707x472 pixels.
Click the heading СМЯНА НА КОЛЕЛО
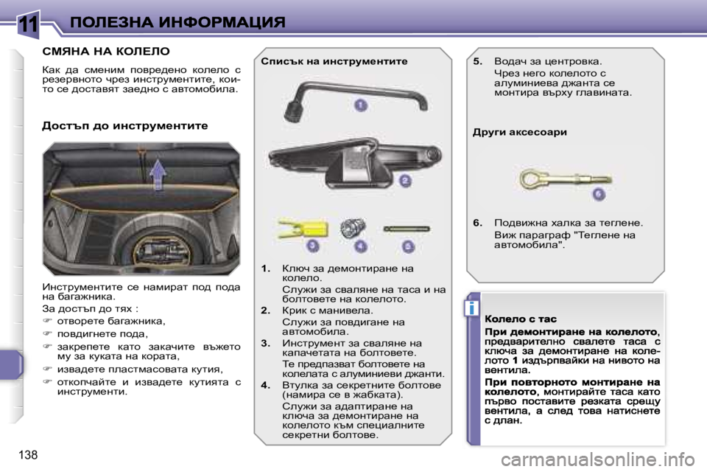tap(106, 52)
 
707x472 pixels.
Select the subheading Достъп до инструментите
tap(125, 126)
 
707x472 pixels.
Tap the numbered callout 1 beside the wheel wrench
tap(359, 105)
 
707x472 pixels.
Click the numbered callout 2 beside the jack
tap(404, 180)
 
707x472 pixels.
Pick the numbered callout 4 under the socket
tap(360, 246)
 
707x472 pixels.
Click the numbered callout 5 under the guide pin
tap(408, 246)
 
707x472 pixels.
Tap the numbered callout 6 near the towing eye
tap(598, 193)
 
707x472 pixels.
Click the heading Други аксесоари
tap(519, 133)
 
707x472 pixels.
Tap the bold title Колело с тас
tap(519, 319)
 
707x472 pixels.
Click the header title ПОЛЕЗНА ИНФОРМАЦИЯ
tap(177, 21)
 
